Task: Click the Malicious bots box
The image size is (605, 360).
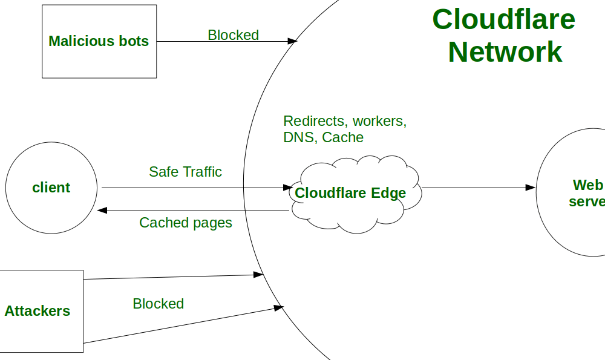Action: pyautogui.click(x=99, y=41)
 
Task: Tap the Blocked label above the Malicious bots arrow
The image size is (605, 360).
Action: pyautogui.click(x=233, y=35)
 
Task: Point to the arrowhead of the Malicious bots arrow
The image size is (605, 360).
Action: pyautogui.click(x=292, y=41)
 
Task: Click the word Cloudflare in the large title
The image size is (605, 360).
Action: pyautogui.click(x=503, y=19)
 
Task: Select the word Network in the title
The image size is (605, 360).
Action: pyautogui.click(x=505, y=52)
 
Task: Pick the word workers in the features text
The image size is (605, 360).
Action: pyautogui.click(x=379, y=121)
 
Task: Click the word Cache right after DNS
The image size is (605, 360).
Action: pyautogui.click(x=342, y=137)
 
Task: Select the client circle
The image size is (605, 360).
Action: pyautogui.click(x=51, y=188)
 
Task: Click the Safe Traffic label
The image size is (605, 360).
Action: pyautogui.click(x=185, y=172)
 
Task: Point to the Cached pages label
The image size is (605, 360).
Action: pyautogui.click(x=185, y=223)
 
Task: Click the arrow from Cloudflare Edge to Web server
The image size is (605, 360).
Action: pyautogui.click(x=478, y=188)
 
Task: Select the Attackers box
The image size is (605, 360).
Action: pyautogui.click(x=38, y=311)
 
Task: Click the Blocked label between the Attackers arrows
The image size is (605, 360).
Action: pyautogui.click(x=158, y=304)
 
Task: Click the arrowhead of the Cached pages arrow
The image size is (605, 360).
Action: pyautogui.click(x=102, y=211)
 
